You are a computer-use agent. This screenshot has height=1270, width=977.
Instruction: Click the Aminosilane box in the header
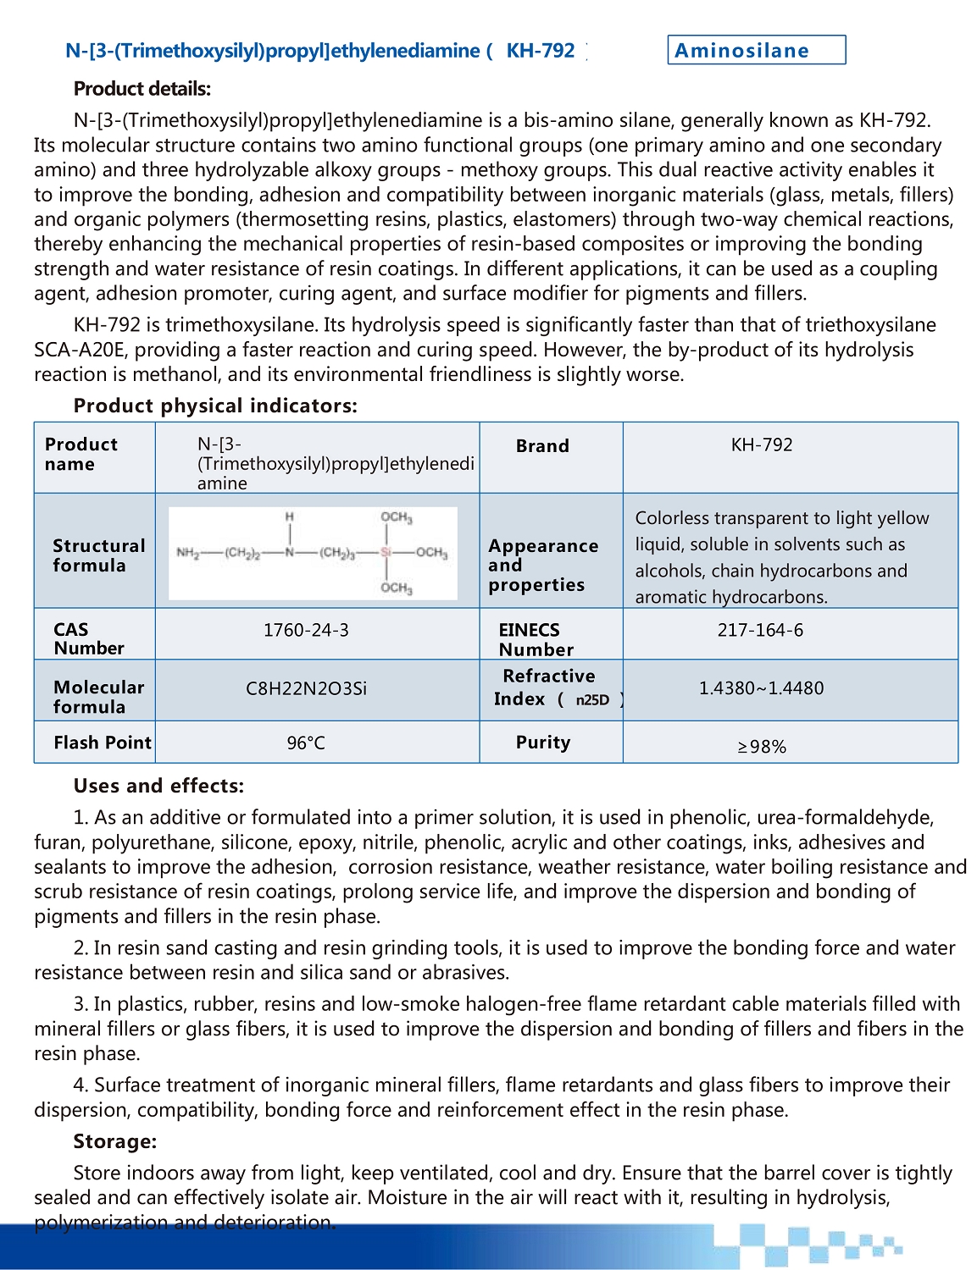coord(756,50)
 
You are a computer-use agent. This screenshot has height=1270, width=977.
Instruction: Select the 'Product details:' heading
coord(142,89)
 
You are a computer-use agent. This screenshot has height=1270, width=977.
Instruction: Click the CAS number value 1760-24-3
coord(306,630)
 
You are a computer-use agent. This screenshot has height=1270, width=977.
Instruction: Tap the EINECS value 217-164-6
coord(760,630)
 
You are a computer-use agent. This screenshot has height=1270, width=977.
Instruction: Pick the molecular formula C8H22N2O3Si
coord(306,688)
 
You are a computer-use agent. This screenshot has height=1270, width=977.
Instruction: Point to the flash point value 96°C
coord(306,743)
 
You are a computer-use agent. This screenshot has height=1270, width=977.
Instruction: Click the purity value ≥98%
coord(762,747)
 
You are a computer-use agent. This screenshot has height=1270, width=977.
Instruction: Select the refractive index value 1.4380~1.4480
coord(761,688)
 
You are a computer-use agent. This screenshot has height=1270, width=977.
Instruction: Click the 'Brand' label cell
coord(542,446)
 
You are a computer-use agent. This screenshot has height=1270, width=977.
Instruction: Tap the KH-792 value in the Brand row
coord(762,445)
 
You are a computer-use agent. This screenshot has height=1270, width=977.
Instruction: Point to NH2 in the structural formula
coord(187,553)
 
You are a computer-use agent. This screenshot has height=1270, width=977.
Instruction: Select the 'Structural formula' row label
coord(98,555)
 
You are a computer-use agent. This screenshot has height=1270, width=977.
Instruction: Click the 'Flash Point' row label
coord(103,743)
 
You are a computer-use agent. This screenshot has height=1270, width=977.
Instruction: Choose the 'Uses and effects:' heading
coord(158,786)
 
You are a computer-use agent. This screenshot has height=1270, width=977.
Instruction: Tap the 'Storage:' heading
coord(115,1141)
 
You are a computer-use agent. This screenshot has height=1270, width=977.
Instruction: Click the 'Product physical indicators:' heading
coord(215,406)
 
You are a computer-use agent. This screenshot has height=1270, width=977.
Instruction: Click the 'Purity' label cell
coord(543,743)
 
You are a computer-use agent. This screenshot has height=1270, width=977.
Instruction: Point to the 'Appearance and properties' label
coord(542,565)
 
